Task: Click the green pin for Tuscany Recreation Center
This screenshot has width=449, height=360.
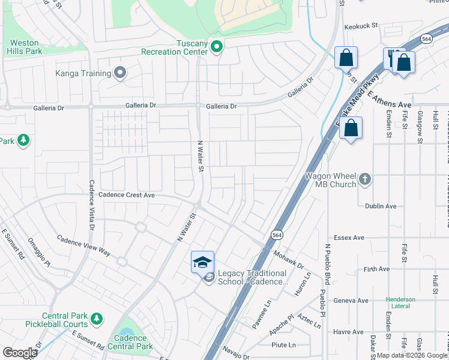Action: click(x=217, y=47)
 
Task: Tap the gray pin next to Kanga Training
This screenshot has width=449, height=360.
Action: click(x=121, y=73)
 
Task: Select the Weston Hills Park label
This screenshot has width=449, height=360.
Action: click(x=25, y=47)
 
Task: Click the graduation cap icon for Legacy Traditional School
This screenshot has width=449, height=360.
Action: click(x=202, y=262)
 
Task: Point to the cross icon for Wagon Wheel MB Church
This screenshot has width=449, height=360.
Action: click(x=364, y=179)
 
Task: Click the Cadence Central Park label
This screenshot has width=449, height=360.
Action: click(x=130, y=342)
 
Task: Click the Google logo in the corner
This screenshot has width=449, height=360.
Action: click(x=20, y=353)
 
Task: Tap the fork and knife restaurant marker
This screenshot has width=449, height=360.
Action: click(x=394, y=59)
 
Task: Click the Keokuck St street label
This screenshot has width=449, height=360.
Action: click(x=360, y=26)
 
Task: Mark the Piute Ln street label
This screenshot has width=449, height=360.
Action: click(x=284, y=345)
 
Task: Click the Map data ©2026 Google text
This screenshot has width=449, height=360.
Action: click(x=412, y=355)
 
